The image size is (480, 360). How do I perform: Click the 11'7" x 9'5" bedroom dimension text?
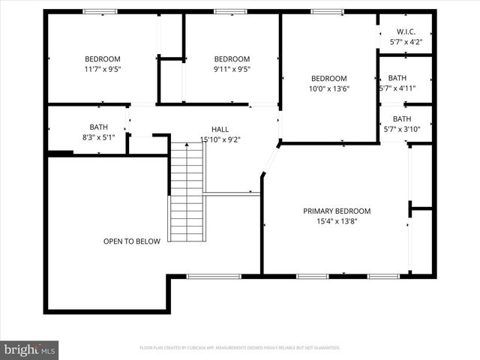coord(102,69)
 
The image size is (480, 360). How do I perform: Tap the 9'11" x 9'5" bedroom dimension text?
coord(232,69)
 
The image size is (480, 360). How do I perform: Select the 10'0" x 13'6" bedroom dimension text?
coord(328,88)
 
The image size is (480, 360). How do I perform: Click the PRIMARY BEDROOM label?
coord(337,211)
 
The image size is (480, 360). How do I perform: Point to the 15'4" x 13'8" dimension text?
coord(337,221)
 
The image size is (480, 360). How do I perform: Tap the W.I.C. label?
coord(405,31)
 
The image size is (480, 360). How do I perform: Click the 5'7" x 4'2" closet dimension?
coord(405,42)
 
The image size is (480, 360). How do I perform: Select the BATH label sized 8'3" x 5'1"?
coord(99,127)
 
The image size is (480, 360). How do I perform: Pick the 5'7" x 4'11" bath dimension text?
coord(397,88)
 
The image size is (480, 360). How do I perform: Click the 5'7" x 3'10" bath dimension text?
coord(402,129)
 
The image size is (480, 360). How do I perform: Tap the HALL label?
coord(220,129)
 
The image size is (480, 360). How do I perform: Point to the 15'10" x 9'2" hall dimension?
coord(220,139)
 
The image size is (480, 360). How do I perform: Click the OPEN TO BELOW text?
coord(132,241)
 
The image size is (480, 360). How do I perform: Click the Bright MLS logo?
coord(30,349)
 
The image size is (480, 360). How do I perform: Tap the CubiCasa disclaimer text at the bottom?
coord(240,348)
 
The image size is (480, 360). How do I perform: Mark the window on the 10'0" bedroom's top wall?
coord(327,11)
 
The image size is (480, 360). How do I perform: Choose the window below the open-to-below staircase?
coord(208,276)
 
